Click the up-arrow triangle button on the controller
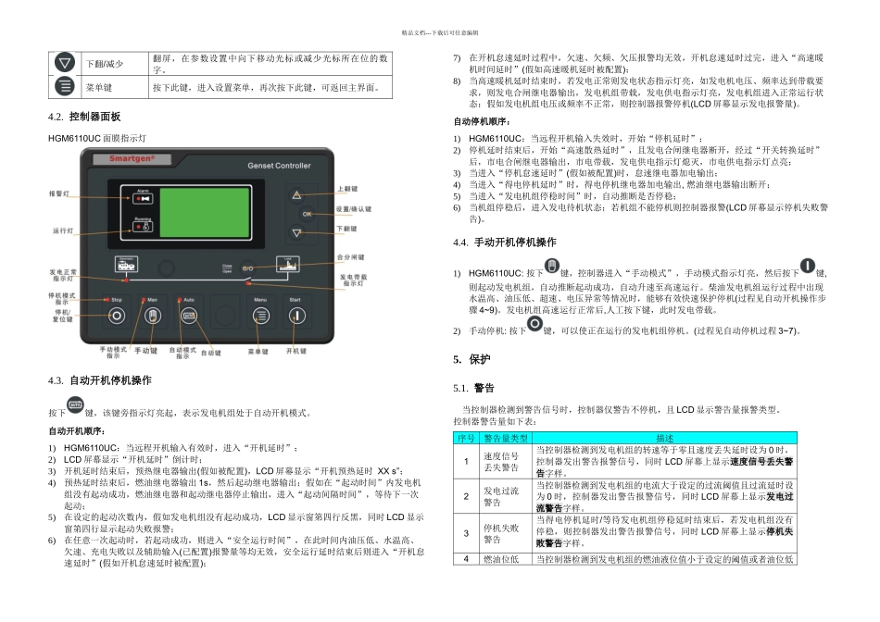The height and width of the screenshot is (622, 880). pos(296,194)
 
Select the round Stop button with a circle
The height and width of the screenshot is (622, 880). pos(118,316)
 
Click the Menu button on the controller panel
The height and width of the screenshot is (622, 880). pos(262,316)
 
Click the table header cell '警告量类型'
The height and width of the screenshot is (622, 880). pos(506,437)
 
